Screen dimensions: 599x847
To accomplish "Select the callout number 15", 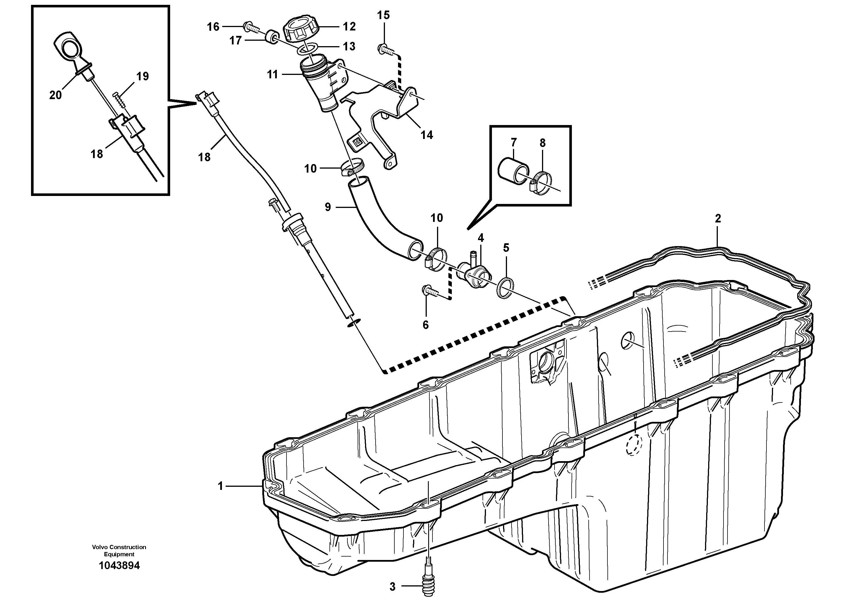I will pyautogui.click(x=383, y=15).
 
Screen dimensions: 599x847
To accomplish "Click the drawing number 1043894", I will pyautogui.click(x=119, y=565).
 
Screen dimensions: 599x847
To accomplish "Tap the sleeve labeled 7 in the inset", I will pyautogui.click(x=511, y=171).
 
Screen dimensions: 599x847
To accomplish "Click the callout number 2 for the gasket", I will pyautogui.click(x=718, y=219).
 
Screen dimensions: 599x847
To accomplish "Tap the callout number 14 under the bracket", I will pyautogui.click(x=427, y=135).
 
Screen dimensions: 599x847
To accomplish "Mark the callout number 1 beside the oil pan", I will pyautogui.click(x=220, y=486).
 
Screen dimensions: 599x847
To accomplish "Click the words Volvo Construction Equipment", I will pyautogui.click(x=119, y=550).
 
